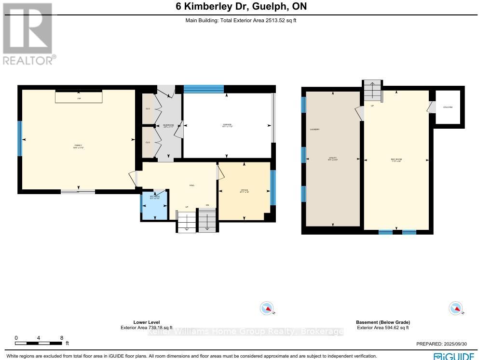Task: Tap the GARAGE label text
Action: pyautogui.click(x=227, y=125)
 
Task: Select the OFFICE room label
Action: pyautogui.click(x=244, y=191)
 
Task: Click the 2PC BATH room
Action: pyautogui.click(x=154, y=205)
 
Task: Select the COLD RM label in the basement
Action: pyautogui.click(x=448, y=107)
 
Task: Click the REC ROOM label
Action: pyautogui.click(x=396, y=160)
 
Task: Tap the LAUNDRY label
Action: pyautogui.click(x=315, y=130)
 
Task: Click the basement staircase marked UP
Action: pyautogui.click(x=372, y=91)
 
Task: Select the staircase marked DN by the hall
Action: pyautogui.click(x=207, y=222)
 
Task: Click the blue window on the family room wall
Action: pyautogui.click(x=20, y=138)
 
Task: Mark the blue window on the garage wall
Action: pyautogui.click(x=204, y=89)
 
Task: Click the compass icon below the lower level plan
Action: pyautogui.click(x=267, y=308)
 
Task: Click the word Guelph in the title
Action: pyautogui.click(x=270, y=7)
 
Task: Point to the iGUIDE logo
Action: pyautogui.click(x=453, y=356)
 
